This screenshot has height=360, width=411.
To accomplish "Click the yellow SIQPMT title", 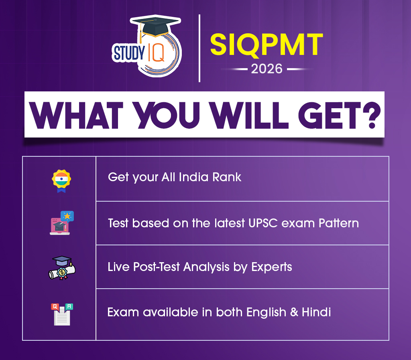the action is click(x=267, y=45).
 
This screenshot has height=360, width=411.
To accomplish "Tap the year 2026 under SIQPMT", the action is click(x=267, y=69).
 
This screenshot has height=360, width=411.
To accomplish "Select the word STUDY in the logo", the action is click(x=129, y=53).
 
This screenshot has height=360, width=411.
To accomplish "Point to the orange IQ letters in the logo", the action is click(x=157, y=53).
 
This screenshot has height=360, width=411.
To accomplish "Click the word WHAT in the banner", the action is click(x=76, y=115).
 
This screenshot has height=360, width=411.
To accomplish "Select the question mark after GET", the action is click(x=372, y=115).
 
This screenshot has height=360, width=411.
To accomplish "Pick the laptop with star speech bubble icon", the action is click(x=62, y=223).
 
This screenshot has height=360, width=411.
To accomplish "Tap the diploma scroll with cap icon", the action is click(x=62, y=268).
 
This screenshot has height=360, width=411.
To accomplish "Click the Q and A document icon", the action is click(x=62, y=314).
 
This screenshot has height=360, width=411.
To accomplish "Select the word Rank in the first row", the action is click(x=226, y=177).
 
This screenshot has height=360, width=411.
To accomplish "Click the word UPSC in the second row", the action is click(x=263, y=223).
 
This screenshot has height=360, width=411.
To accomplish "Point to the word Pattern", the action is click(x=339, y=223).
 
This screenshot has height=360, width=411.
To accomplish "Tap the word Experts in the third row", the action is click(x=272, y=267).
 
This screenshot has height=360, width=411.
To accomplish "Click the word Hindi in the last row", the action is click(x=316, y=312).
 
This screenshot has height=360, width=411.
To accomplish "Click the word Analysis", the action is click(x=206, y=267).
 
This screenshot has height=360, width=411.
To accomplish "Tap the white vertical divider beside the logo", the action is click(x=199, y=48).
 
